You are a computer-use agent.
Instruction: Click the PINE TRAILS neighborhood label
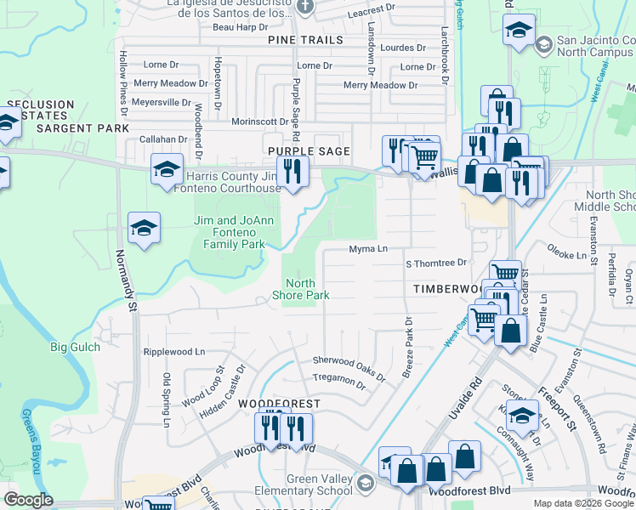click(305, 40)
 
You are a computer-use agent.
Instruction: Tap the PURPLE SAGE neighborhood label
click(309, 150)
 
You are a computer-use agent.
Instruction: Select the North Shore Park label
click(300, 289)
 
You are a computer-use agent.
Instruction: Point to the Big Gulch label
click(75, 347)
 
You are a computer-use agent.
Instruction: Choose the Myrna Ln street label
click(368, 249)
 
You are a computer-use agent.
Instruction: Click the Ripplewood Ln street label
click(174, 351)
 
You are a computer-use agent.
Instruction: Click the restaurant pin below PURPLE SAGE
click(292, 171)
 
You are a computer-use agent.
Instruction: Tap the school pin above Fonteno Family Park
click(145, 227)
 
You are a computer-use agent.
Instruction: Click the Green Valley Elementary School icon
click(365, 484)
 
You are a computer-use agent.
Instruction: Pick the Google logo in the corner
click(28, 500)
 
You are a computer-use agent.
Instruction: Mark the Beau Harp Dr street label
click(223, 27)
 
